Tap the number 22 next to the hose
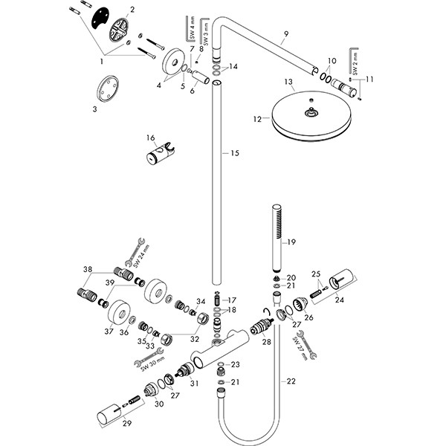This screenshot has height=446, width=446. pyautogui.click(x=290, y=381)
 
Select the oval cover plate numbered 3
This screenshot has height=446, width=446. pyautogui.click(x=106, y=93)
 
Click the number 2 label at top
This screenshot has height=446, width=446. pyautogui.click(x=132, y=10)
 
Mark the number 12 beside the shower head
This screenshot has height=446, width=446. pyautogui.click(x=256, y=119)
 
